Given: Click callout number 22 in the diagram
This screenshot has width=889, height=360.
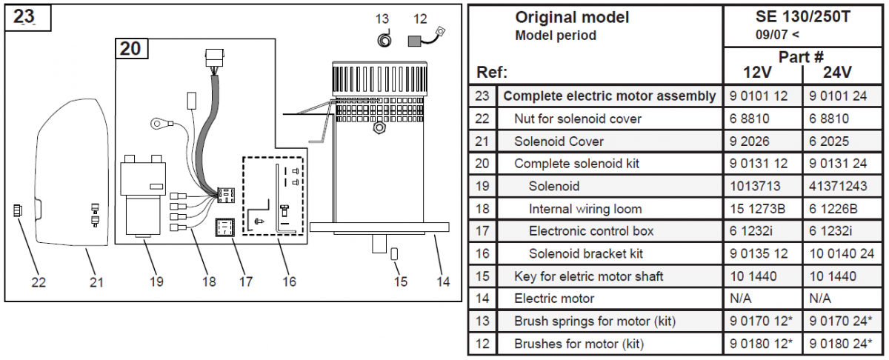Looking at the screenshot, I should tap(39, 281).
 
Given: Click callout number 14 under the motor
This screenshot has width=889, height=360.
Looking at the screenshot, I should tap(442, 281).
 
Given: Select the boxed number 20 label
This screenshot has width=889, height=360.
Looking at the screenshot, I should tap(130, 49).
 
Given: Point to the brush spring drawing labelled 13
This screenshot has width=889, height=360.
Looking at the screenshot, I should tap(384, 39).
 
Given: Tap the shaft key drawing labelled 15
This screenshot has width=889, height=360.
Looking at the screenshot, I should tap(395, 254).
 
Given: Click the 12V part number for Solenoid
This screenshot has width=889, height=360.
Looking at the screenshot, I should tap(753, 186).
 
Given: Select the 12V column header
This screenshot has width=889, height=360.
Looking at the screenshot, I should tap(759, 73).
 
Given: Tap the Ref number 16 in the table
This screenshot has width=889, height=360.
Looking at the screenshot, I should tap(482, 254).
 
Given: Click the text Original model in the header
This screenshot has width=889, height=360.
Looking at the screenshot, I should tap(572, 18).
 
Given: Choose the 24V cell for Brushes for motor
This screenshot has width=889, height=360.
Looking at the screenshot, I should tap(840, 344).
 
